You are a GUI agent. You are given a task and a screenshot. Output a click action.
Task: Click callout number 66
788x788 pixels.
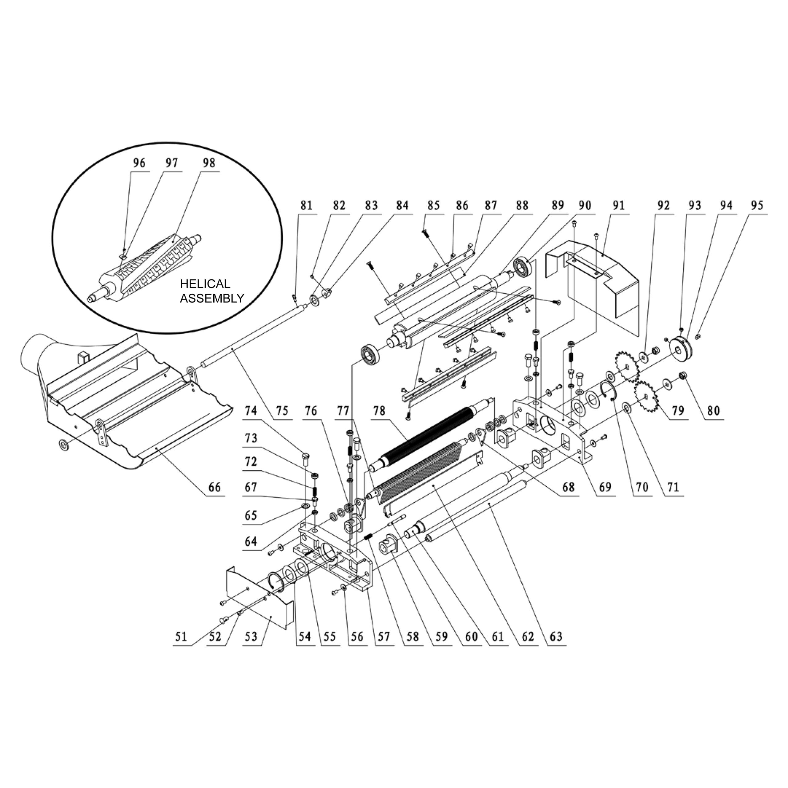(215, 487)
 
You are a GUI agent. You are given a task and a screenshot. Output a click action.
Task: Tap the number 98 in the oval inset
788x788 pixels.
(209, 163)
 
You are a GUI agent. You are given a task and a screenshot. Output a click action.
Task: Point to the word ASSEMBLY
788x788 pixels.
(212, 298)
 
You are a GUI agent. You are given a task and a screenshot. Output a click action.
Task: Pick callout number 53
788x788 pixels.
(251, 636)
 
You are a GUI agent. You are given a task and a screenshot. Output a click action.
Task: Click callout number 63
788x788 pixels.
(556, 636)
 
